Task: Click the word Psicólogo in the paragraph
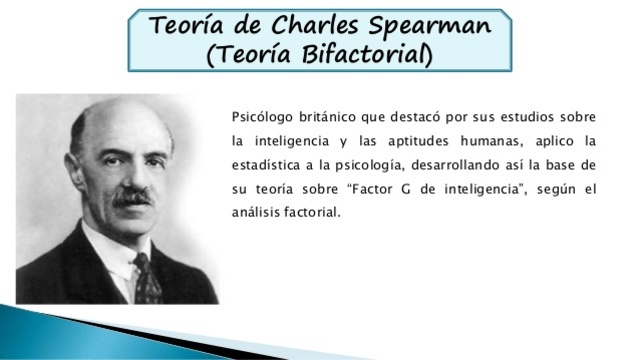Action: pyautogui.click(x=259, y=118)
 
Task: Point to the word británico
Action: pyautogui.click(x=325, y=118)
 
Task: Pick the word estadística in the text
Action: pyautogui.click(x=264, y=164)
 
